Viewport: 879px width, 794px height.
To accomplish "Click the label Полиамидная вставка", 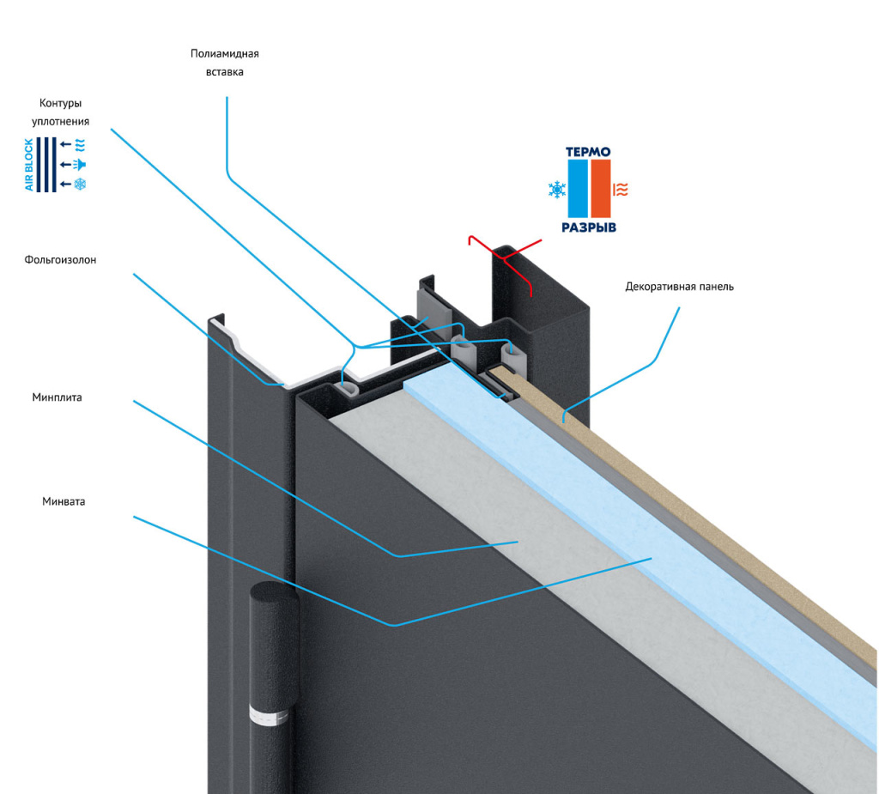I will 225,63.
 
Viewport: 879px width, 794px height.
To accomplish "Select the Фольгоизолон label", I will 60,260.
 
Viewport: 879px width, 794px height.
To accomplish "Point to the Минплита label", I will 58,397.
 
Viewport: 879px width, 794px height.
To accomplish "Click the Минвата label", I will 64,501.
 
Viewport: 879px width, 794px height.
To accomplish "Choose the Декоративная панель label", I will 679,287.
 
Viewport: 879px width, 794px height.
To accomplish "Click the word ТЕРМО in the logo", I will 588,152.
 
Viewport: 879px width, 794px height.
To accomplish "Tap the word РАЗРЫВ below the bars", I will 589,228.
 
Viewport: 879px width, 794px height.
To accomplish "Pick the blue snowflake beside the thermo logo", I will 557,190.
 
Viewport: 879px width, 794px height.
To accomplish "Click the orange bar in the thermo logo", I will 601,189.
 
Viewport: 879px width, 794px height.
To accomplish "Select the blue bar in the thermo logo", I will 577,189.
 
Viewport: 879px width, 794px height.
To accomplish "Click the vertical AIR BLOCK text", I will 30,164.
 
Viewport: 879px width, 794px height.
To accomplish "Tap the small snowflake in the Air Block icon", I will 81,185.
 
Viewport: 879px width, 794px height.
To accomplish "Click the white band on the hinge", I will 267,713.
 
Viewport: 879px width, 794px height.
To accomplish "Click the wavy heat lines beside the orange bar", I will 622,190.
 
